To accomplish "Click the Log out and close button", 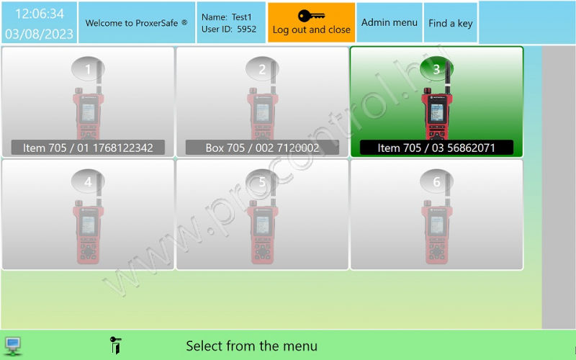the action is pyautogui.click(x=311, y=22).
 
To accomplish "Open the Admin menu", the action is pyautogui.click(x=389, y=22).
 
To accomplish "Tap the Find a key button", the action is pyautogui.click(x=451, y=22).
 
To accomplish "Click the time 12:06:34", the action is pyautogui.click(x=40, y=14).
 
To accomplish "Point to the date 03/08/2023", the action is pyautogui.click(x=40, y=34).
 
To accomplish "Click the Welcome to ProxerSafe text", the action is pyautogui.click(x=136, y=23).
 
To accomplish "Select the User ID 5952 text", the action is pyautogui.click(x=229, y=29).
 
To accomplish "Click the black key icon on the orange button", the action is pyautogui.click(x=311, y=16).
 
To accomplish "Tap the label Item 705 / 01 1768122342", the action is pyautogui.click(x=88, y=148).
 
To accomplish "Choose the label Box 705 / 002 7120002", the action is pyautogui.click(x=262, y=148).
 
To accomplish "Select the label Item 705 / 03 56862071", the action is pyautogui.click(x=436, y=148).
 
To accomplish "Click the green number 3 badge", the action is pyautogui.click(x=436, y=68).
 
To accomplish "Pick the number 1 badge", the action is pyautogui.click(x=88, y=68).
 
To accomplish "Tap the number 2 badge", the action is pyautogui.click(x=262, y=68).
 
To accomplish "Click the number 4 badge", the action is pyautogui.click(x=88, y=181).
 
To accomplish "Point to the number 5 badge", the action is pyautogui.click(x=262, y=181).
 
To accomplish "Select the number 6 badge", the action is pyautogui.click(x=436, y=181).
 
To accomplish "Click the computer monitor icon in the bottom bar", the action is pyautogui.click(x=13, y=346).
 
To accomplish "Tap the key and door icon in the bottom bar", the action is pyautogui.click(x=115, y=346).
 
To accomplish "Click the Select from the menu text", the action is pyautogui.click(x=251, y=346).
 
